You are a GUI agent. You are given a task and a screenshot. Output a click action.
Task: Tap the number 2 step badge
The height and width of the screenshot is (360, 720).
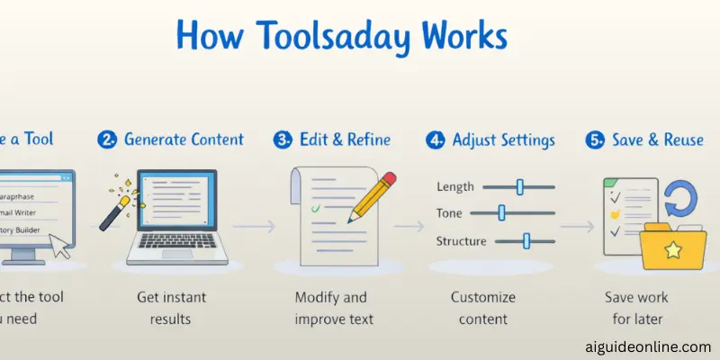107,140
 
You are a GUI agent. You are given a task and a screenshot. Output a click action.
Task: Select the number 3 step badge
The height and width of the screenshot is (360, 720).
281,140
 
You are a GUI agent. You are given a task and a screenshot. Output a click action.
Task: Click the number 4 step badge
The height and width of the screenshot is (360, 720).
435,140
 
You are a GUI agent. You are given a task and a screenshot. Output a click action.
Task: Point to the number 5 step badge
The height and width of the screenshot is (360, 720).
594,140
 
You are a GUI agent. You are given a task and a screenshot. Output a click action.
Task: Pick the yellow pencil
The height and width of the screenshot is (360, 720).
372,197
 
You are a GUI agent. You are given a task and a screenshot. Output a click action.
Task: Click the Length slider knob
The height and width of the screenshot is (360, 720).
519,186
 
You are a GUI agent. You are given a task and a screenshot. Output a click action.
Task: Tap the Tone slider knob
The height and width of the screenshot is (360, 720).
501,212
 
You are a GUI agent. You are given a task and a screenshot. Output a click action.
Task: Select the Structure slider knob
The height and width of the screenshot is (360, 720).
526,240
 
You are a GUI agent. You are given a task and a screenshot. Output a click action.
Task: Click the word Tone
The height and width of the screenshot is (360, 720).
451,213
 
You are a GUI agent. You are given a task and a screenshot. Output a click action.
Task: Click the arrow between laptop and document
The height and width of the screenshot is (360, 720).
260,227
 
